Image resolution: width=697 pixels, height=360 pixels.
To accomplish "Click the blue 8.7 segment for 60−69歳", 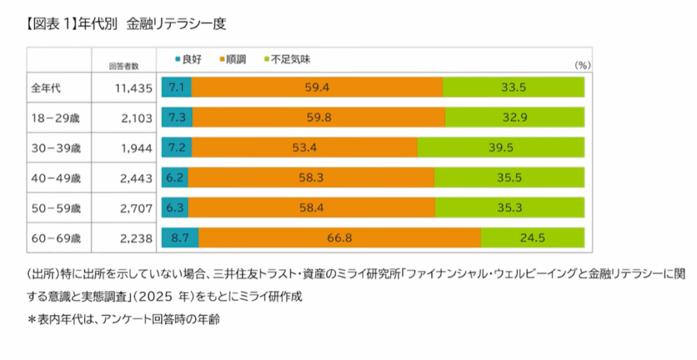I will point(180,238).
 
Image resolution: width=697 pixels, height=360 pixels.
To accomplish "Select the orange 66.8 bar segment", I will point(339,238).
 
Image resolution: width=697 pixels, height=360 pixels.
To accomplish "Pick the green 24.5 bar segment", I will point(532,238).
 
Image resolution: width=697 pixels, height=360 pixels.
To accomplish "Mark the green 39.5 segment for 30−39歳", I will point(500,148).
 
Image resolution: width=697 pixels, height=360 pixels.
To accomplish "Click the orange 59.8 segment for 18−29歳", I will point(319,118).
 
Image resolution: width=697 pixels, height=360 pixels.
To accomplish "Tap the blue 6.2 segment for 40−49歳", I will point(174,178).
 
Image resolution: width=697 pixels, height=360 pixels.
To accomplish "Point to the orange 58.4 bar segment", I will point(311,208).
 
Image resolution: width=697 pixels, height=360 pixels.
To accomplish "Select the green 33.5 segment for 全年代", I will point(513,88).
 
